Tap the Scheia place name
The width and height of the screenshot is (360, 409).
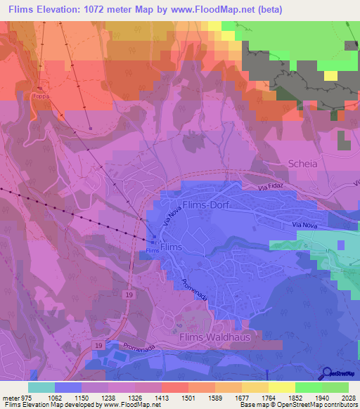[302, 163]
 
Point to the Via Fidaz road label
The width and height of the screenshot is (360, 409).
[272, 189]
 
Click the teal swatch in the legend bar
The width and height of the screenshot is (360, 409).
[41, 387]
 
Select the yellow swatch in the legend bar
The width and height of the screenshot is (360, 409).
[281, 387]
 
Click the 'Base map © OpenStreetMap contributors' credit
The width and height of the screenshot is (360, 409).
[299, 405]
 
